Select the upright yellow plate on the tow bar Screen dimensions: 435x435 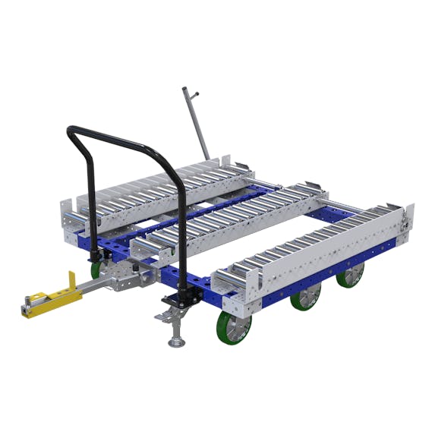pyautogui.click(x=71, y=281)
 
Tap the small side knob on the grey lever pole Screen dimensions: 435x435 pyautogui.click(x=196, y=94)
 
